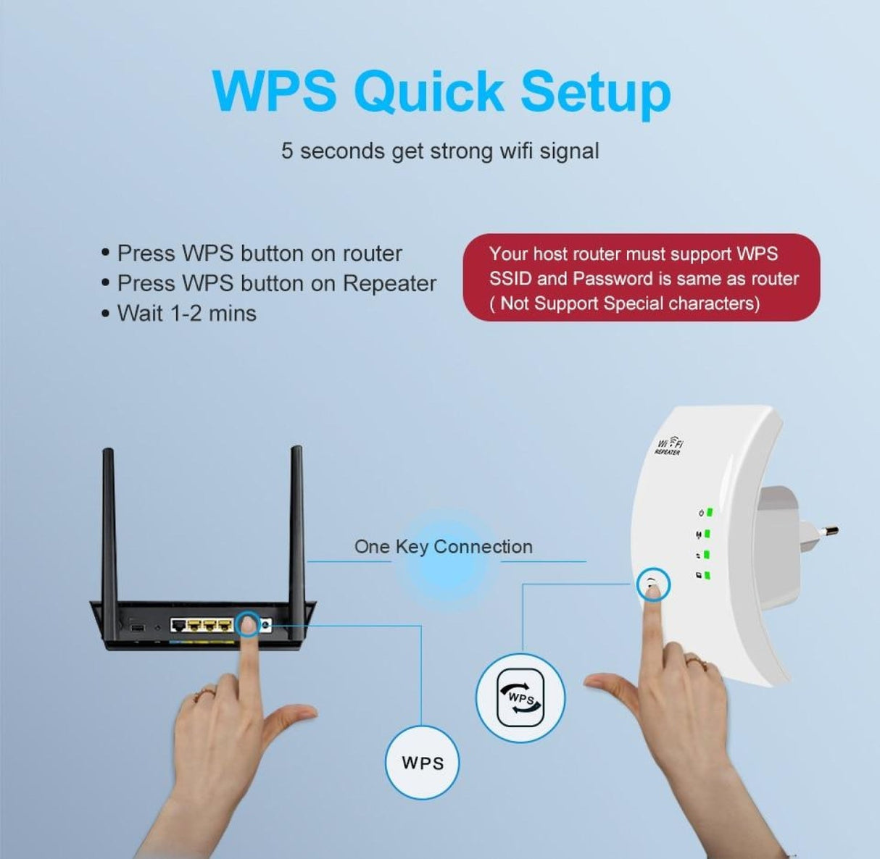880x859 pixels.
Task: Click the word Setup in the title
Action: click(595, 92)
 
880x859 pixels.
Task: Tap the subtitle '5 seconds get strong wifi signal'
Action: click(440, 151)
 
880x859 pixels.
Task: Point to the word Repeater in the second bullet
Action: click(389, 283)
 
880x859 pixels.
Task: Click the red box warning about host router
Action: click(642, 278)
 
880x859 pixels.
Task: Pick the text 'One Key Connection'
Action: click(443, 547)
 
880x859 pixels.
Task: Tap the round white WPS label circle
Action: click(423, 763)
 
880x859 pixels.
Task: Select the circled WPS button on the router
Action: click(248, 623)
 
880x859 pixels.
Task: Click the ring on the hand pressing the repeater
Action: click(694, 660)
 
